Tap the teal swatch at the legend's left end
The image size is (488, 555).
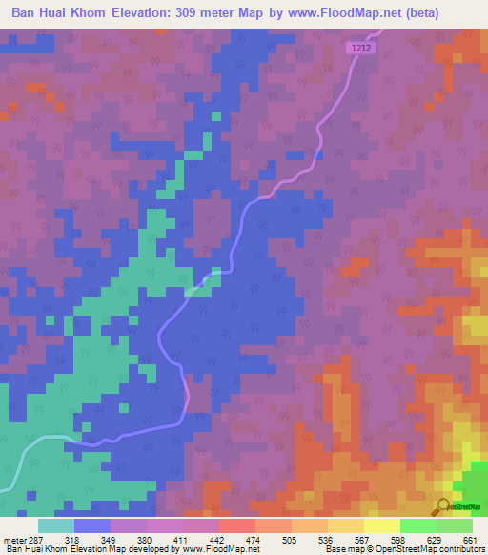[55, 525]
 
